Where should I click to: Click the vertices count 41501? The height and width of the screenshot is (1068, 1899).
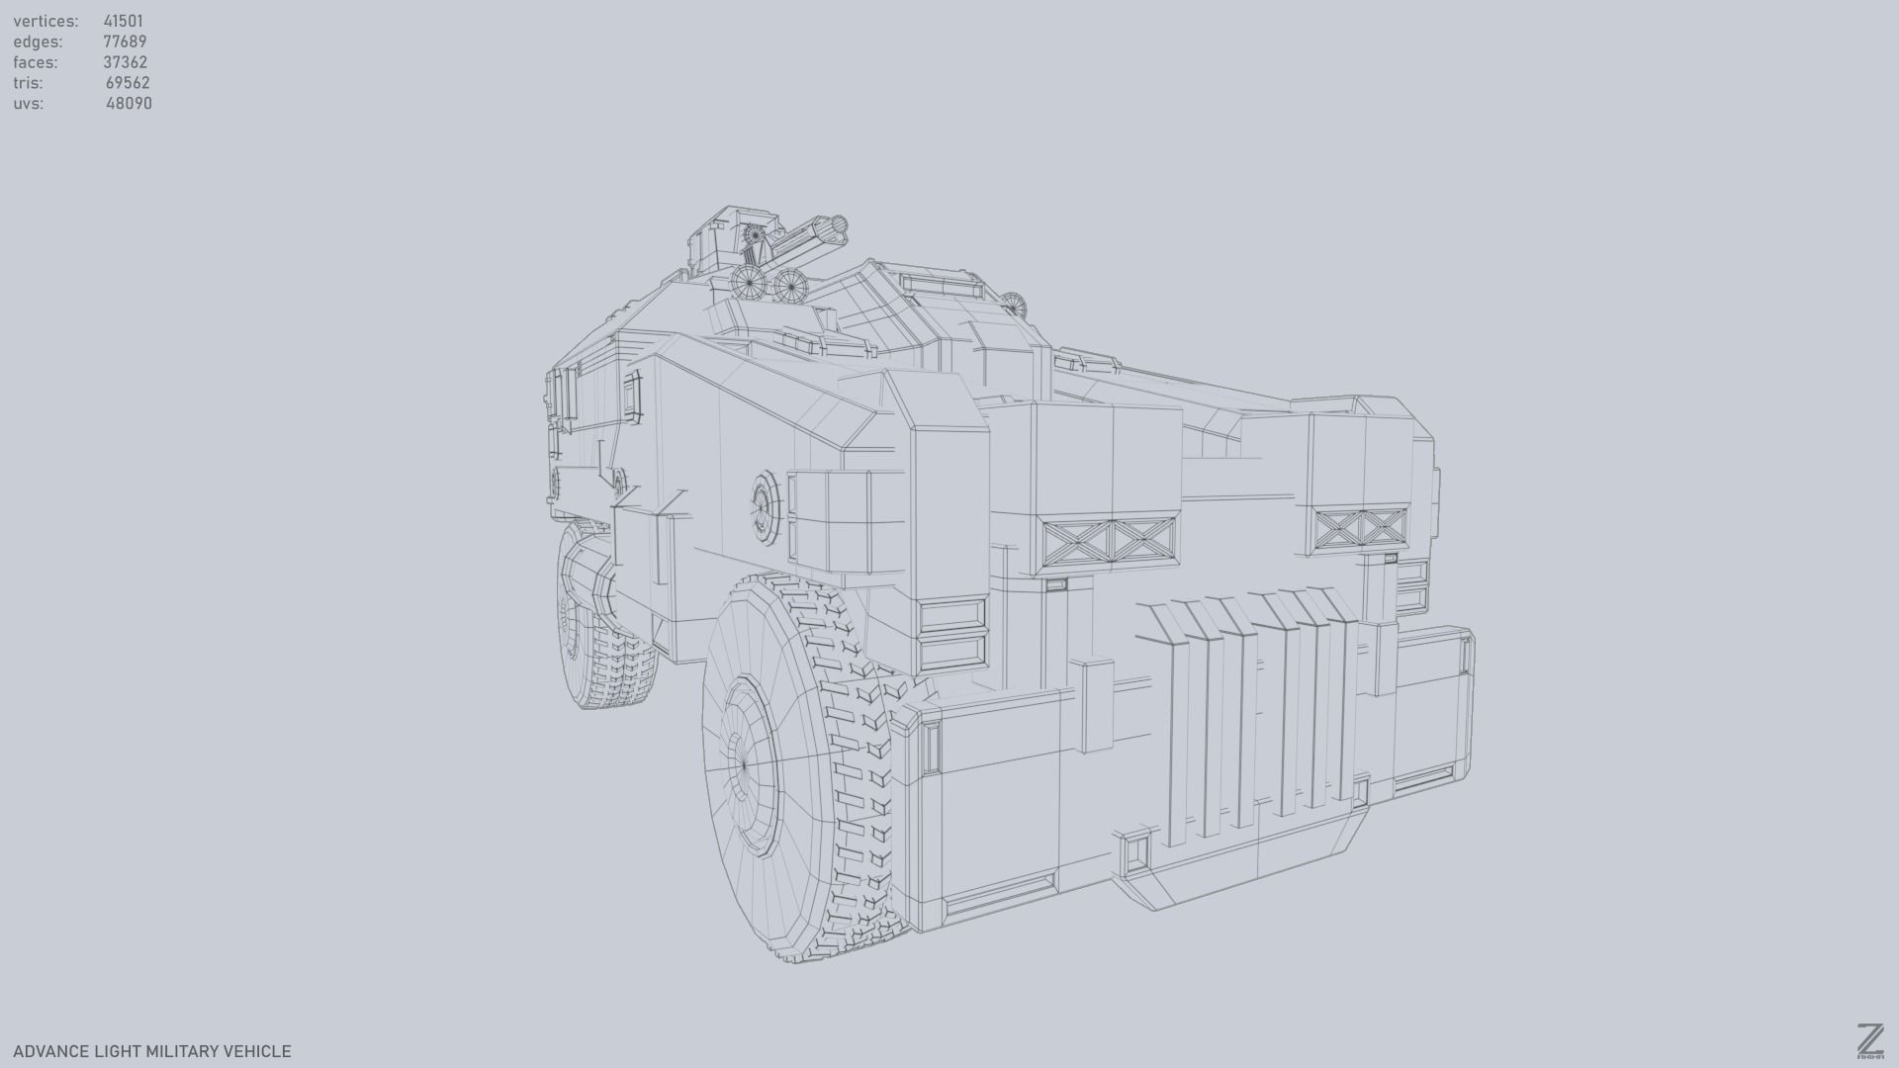(x=123, y=21)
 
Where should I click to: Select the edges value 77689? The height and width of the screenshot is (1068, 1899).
(x=125, y=42)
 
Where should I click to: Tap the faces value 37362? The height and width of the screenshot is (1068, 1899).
(x=125, y=62)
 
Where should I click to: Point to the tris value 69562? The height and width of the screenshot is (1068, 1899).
(x=128, y=83)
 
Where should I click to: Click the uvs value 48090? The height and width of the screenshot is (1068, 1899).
(x=129, y=104)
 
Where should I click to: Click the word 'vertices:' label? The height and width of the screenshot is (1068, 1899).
(x=45, y=21)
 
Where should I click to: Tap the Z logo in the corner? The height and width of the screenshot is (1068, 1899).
(x=1869, y=1041)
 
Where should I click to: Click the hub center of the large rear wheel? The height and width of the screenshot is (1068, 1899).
(x=744, y=763)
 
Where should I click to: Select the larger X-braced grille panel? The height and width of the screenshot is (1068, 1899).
(x=1109, y=543)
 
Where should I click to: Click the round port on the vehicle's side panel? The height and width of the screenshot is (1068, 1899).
(x=764, y=506)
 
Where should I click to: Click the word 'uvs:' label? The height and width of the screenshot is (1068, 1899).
(x=28, y=104)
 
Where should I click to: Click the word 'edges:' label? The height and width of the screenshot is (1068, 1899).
(x=38, y=42)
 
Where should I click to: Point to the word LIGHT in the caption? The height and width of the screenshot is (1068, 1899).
(x=118, y=1051)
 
